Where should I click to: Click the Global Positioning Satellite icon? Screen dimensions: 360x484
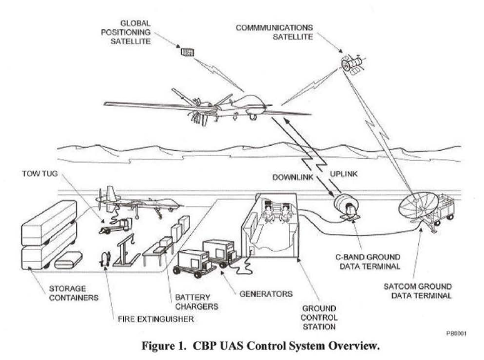185,53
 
